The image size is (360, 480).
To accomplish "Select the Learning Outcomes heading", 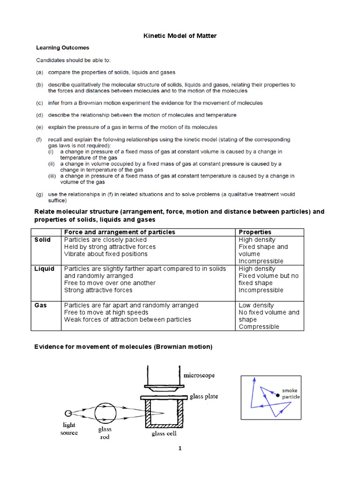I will (x=63, y=47).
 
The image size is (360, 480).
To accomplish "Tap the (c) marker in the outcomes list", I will (x=40, y=103).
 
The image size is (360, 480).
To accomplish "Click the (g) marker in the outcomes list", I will (x=40, y=194).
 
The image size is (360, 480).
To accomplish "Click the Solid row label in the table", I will (x=43, y=240).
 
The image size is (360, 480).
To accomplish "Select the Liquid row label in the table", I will (x=45, y=269).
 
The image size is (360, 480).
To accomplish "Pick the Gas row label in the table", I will (x=41, y=305).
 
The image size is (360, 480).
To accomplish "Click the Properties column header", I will (x=255, y=232).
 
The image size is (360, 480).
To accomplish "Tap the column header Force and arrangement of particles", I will (x=120, y=232).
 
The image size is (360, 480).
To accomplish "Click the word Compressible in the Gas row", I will (x=259, y=327).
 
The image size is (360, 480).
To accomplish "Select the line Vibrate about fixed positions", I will (x=105, y=254).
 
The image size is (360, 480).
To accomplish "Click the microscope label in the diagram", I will (x=200, y=375).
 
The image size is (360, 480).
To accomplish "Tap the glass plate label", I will (x=204, y=397).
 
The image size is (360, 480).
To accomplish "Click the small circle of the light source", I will (x=68, y=413).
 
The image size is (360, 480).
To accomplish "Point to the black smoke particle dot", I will (x=278, y=396).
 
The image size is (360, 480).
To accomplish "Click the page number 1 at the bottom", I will (x=180, y=448).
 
